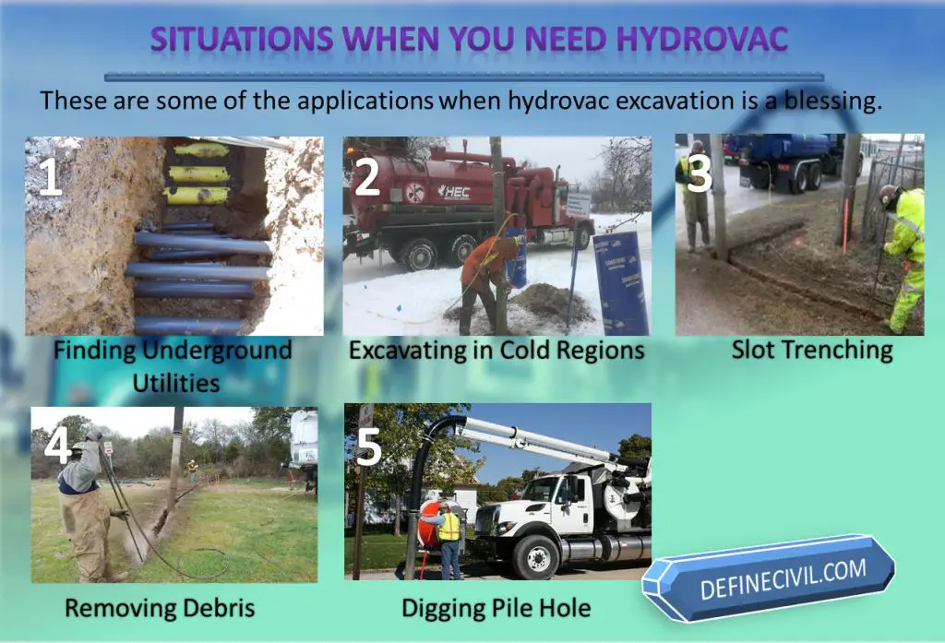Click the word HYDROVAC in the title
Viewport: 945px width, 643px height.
[x=702, y=39]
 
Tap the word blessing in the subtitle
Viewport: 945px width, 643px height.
[x=832, y=101]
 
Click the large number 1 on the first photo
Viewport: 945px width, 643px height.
[x=50, y=176]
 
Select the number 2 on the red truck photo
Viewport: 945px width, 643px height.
[x=366, y=176]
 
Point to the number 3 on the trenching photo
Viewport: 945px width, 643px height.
[x=700, y=173]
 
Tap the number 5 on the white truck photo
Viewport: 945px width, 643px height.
[x=369, y=447]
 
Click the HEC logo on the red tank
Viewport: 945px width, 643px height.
[x=453, y=192]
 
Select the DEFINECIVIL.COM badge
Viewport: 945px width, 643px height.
[x=769, y=578]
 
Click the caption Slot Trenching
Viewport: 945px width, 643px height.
[x=812, y=351]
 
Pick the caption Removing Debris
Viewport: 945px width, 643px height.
[x=160, y=608]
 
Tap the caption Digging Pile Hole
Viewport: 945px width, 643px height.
[x=496, y=608]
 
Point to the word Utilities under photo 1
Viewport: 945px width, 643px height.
[x=176, y=383]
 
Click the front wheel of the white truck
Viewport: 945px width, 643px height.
[x=536, y=557]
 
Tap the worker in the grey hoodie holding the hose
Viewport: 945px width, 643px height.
[x=90, y=506]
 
